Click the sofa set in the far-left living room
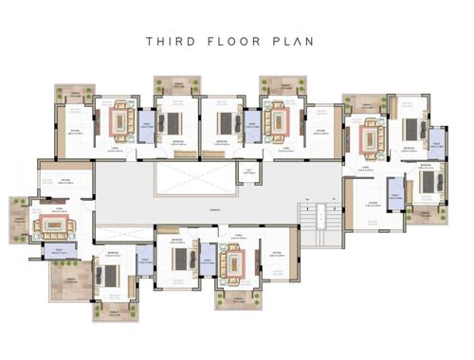[x=50, y=225]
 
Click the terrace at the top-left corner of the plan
[x=74, y=93]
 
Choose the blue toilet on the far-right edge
[x=437, y=143]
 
